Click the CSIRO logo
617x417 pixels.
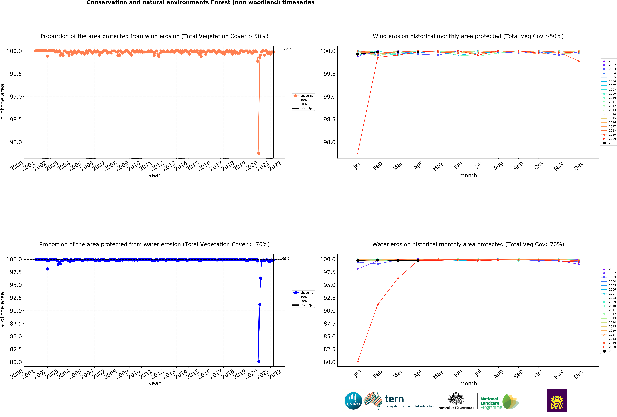[353, 401]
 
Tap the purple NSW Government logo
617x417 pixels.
[557, 401]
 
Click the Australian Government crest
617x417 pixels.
[456, 398]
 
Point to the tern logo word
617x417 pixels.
[394, 399]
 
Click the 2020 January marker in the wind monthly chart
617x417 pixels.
[358, 153]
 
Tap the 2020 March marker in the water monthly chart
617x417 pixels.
[398, 278]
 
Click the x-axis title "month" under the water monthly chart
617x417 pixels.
[468, 384]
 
